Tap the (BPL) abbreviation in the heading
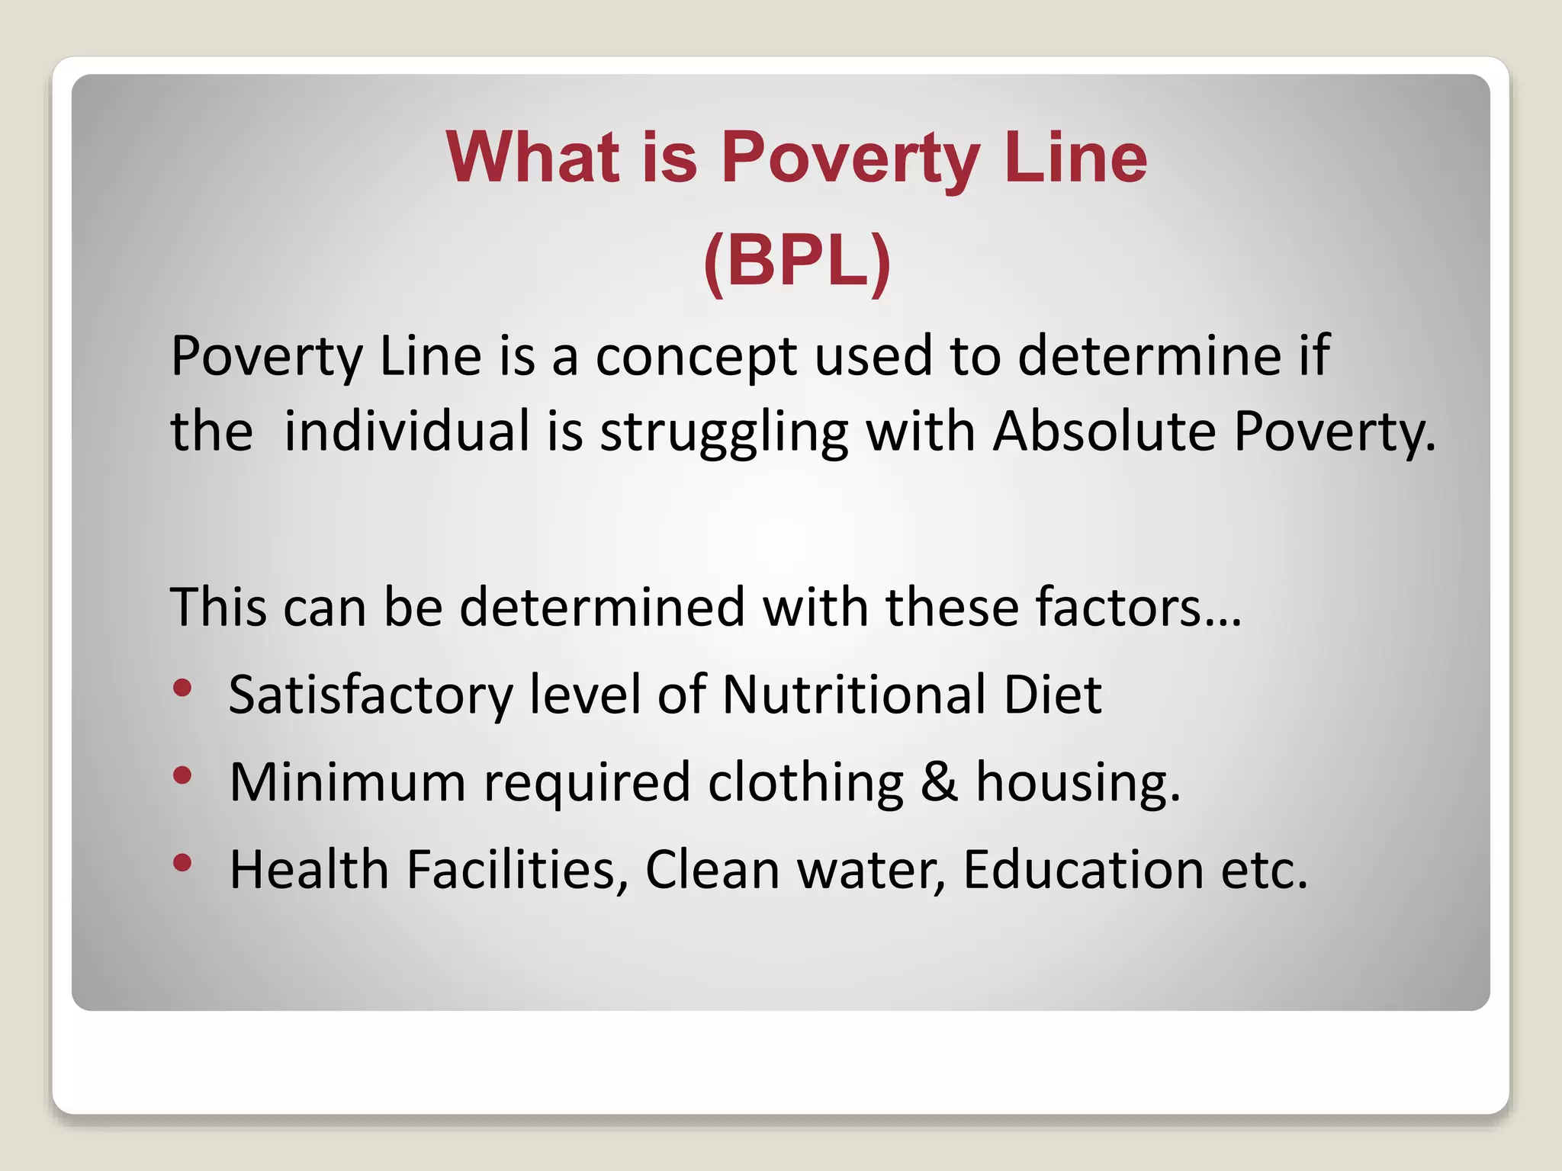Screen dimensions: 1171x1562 coord(797,261)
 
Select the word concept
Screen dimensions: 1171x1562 coord(696,357)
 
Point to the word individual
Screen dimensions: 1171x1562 coord(407,432)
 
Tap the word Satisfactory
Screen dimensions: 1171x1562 coord(371,695)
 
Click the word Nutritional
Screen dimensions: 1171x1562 coord(853,695)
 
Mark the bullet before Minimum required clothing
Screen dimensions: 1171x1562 coord(182,775)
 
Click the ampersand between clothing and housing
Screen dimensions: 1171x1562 coord(939,782)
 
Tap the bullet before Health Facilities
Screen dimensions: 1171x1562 coord(182,863)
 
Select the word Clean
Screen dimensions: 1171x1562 coord(712,870)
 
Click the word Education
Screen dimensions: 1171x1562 coord(1083,870)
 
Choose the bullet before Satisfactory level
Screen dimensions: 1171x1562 coord(182,688)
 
